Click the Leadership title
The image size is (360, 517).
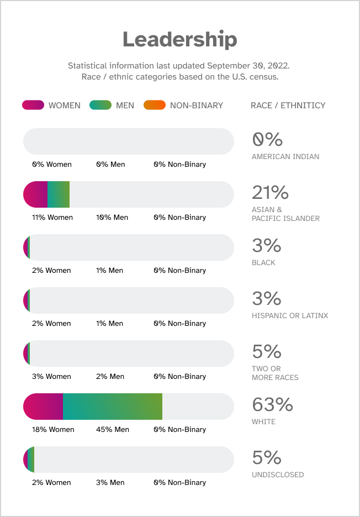pyautogui.click(x=179, y=40)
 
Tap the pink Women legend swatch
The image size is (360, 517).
pyautogui.click(x=33, y=105)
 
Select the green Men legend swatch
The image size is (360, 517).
pyautogui.click(x=100, y=105)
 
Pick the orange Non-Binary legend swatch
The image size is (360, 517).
pyautogui.click(x=154, y=105)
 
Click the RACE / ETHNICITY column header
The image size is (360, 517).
pyautogui.click(x=288, y=105)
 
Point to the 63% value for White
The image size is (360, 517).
pyautogui.click(x=272, y=405)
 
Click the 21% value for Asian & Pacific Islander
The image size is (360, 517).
pyautogui.click(x=270, y=193)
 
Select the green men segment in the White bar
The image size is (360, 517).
pyautogui.click(x=113, y=407)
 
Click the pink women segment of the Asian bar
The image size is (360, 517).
pyautogui.click(x=36, y=194)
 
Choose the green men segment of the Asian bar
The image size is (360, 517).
pyautogui.click(x=59, y=194)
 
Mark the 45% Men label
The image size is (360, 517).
pyautogui.click(x=113, y=429)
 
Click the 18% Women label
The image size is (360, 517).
pyautogui.click(x=53, y=429)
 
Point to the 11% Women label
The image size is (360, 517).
pyautogui.click(x=52, y=217)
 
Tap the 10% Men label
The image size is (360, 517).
pyautogui.click(x=112, y=217)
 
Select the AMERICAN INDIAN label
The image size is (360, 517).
pyautogui.click(x=285, y=156)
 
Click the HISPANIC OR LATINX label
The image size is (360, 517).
pyautogui.click(x=290, y=315)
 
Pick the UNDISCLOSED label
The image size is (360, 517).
pyautogui.click(x=278, y=474)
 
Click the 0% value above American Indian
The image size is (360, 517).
pyautogui.click(x=267, y=140)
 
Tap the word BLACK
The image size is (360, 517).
pyautogui.click(x=263, y=262)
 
